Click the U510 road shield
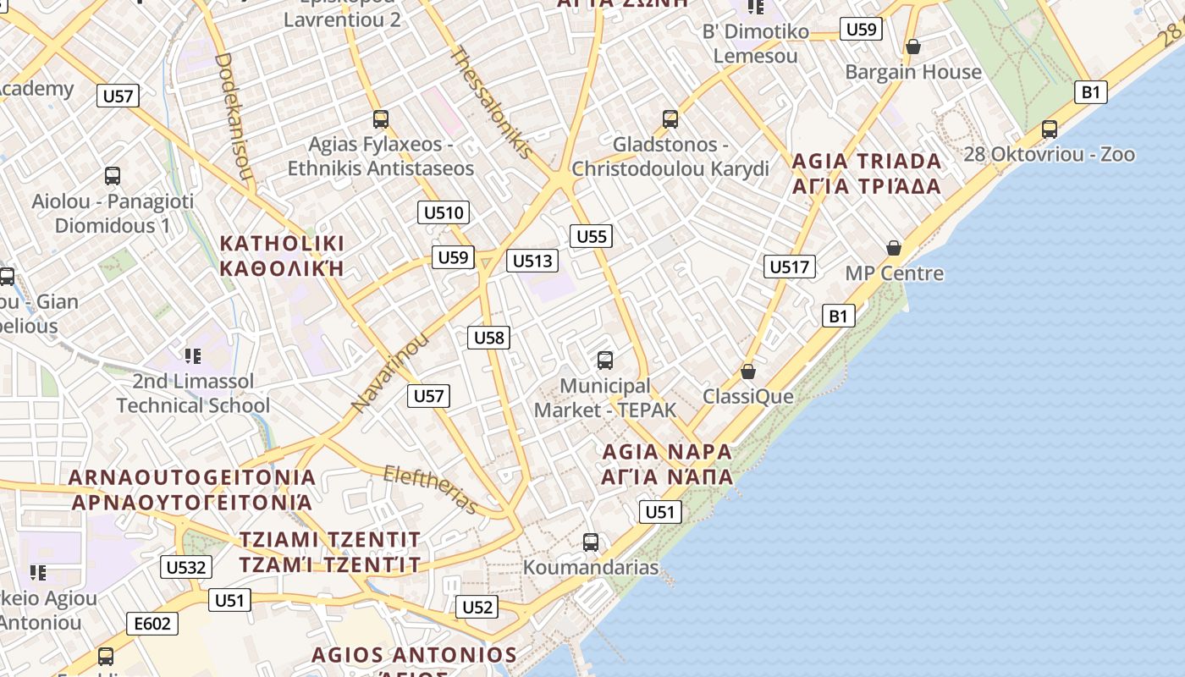(444, 212)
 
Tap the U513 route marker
(532, 261)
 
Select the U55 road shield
(591, 236)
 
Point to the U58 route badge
(488, 338)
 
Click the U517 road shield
(789, 267)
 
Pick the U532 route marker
(186, 567)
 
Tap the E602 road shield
(153, 625)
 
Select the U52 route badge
(477, 607)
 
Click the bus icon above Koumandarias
(591, 542)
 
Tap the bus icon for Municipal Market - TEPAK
(605, 361)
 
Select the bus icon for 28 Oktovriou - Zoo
(1050, 129)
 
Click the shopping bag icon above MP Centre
(894, 248)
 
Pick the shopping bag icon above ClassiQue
(748, 372)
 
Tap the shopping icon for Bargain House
(913, 47)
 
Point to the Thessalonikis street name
(492, 102)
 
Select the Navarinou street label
(390, 372)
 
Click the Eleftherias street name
(431, 489)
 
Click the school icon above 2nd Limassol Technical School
(193, 356)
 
